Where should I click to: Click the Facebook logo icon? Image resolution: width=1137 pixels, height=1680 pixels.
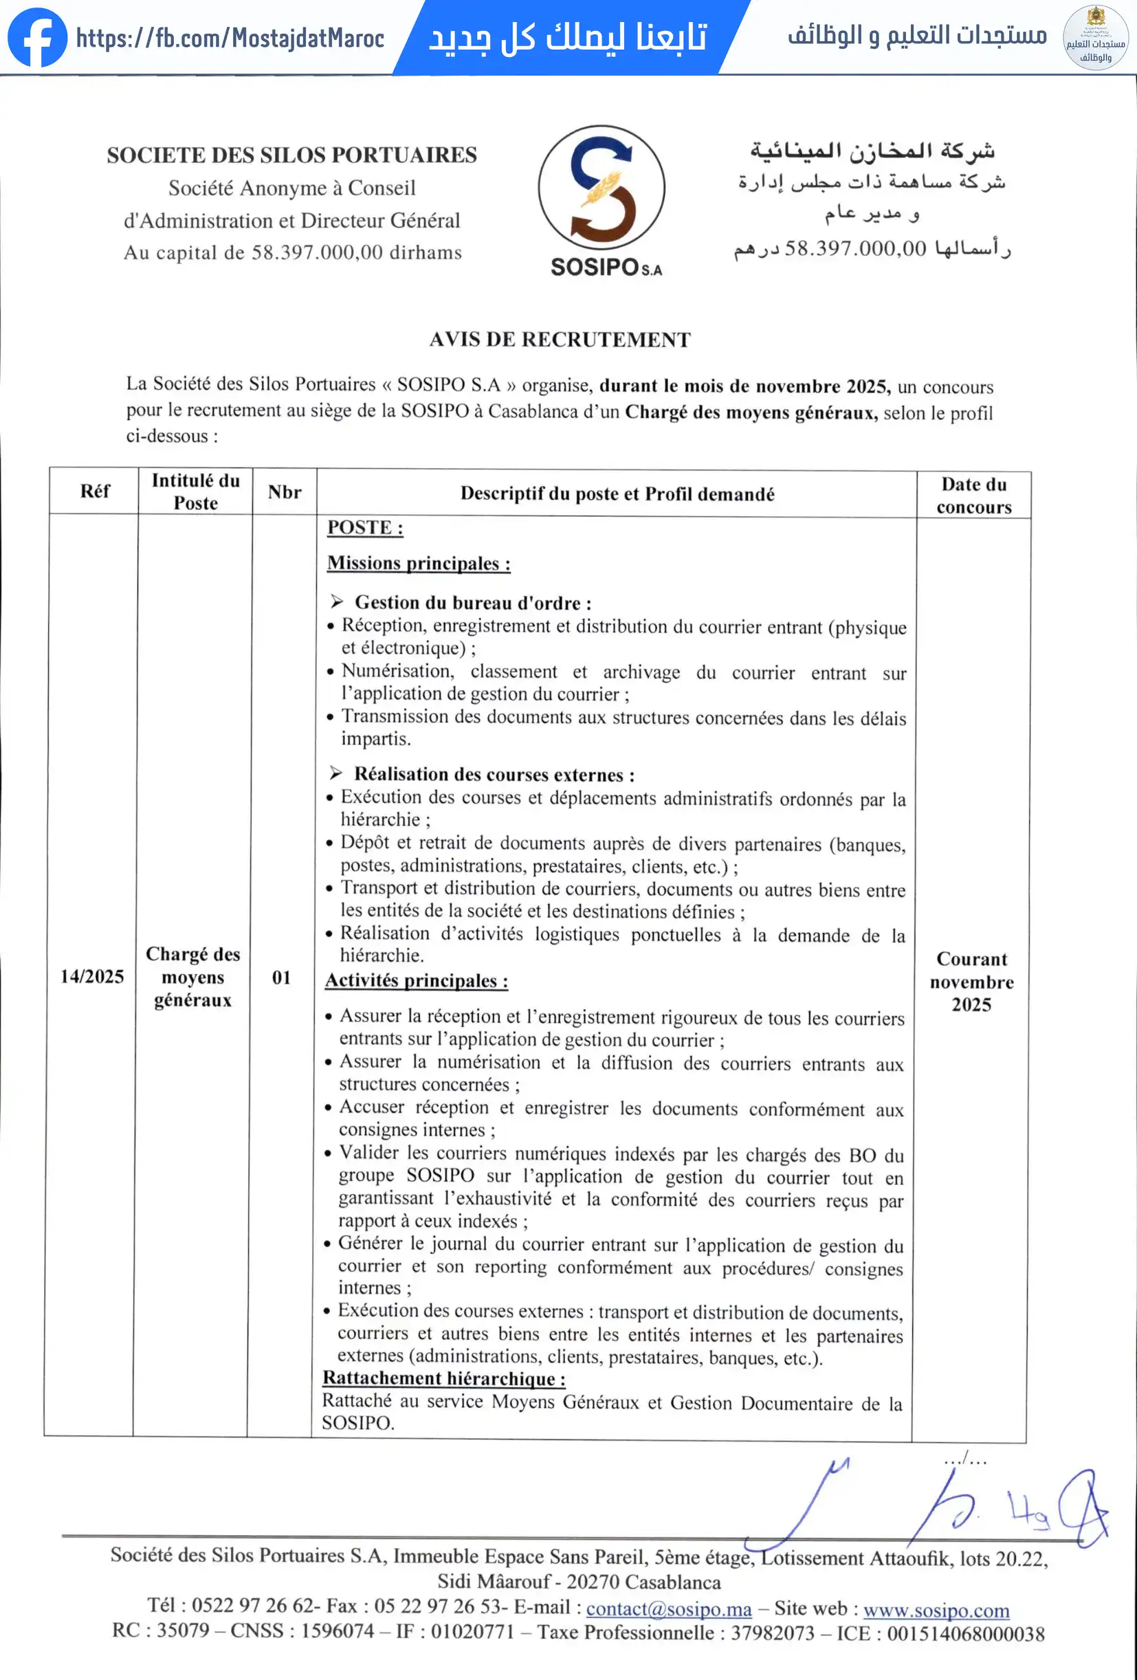point(37,38)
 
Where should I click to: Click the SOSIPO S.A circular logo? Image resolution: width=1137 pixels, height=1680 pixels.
point(601,188)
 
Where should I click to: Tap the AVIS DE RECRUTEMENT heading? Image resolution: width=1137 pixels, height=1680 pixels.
point(560,340)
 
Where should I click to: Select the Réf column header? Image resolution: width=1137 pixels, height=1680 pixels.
point(95,491)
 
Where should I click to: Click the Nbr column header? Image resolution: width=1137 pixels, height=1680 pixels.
point(284,492)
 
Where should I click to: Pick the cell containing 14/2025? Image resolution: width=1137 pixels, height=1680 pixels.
point(92,976)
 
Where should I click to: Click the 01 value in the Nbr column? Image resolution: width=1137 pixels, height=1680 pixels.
point(281,977)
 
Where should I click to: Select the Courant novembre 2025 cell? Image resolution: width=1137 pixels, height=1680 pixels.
point(971,982)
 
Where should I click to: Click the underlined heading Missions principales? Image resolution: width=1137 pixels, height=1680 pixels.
point(419,563)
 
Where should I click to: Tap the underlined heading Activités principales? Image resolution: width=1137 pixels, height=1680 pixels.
point(417,981)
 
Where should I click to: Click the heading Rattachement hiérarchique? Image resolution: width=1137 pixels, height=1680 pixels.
point(443,1378)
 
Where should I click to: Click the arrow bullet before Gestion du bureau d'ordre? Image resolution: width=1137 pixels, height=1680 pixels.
point(337,601)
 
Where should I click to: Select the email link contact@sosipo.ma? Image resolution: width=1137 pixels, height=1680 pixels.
point(669,1609)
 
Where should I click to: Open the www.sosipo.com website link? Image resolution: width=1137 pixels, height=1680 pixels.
point(936,1610)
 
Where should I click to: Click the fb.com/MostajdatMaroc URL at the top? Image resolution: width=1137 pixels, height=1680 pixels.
point(230,38)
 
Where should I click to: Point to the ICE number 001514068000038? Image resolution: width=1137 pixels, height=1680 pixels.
point(966,1634)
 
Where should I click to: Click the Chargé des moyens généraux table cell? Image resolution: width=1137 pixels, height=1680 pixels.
point(193,977)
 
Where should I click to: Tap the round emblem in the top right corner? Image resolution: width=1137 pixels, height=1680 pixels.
point(1095,38)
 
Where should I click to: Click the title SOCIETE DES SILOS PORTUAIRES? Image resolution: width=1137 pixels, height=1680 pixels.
point(292,155)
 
